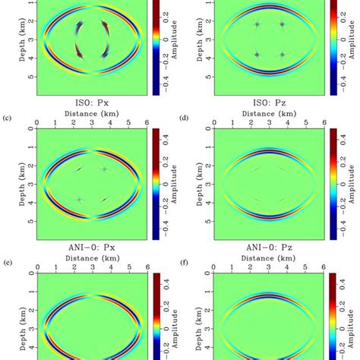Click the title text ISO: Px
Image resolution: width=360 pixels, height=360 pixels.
pyautogui.click(x=89, y=107)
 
